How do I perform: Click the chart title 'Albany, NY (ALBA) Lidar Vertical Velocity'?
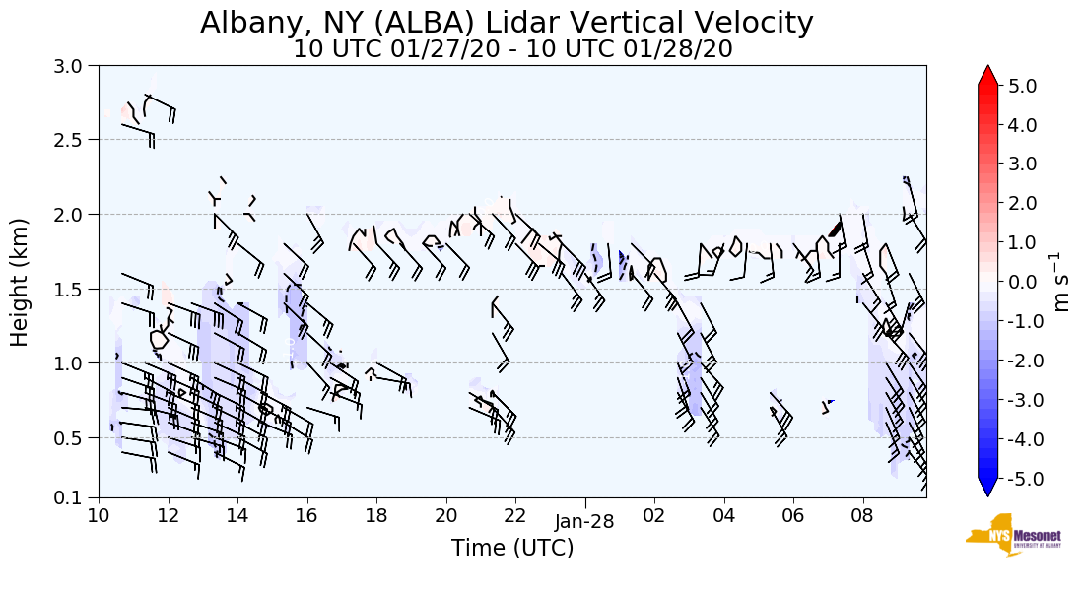507,22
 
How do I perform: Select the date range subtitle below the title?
512,49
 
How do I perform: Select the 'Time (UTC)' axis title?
512,548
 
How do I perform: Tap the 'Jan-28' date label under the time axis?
584,522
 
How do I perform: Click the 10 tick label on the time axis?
99,514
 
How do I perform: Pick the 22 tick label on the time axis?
515,514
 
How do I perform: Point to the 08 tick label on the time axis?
863,514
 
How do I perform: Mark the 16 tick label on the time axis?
306,514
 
